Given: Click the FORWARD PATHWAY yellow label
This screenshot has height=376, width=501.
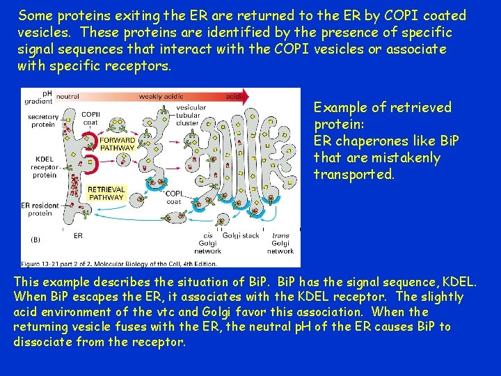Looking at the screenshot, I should tap(117, 144).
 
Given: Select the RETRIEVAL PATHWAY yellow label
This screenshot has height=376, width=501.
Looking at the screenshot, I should tap(106, 193).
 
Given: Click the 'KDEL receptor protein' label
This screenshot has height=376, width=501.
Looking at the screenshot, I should tap(45, 166).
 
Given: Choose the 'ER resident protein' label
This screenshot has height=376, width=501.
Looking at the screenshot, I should tap(39, 210).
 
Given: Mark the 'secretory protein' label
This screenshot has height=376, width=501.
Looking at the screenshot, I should tap(43, 121).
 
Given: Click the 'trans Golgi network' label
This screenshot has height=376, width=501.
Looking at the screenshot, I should tap(280, 243).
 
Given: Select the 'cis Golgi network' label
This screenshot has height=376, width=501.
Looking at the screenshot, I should tap(208, 243).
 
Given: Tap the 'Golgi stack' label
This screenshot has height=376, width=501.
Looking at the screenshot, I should tap(241, 236).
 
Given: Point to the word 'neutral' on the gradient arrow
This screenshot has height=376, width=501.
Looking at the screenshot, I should tap(67, 96).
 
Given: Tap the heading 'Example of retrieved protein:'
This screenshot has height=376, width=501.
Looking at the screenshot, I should tap(382, 116).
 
